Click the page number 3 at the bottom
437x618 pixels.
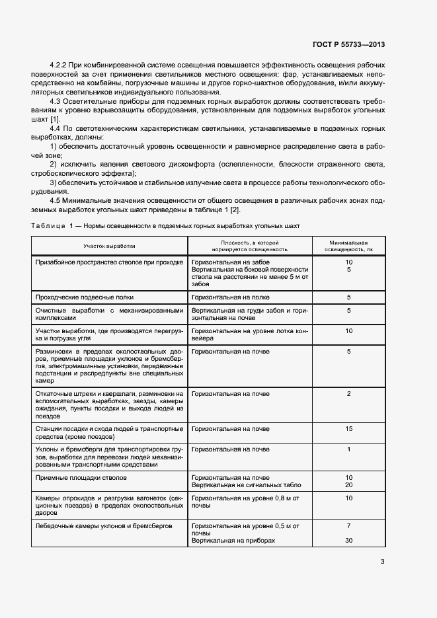pos(382,562)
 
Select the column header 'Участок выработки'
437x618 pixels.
pos(109,246)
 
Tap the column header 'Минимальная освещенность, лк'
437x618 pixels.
pos(348,246)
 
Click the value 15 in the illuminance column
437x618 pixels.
pos(348,429)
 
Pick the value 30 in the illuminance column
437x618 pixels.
pos(348,540)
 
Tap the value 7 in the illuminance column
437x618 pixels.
pos(348,525)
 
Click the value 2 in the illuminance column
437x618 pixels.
pos(348,394)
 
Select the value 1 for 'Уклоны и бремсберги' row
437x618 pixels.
pos(348,449)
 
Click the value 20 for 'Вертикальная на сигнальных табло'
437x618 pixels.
pos(348,484)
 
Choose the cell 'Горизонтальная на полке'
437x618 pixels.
pos(229,297)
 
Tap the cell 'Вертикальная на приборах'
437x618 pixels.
pos(233,540)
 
